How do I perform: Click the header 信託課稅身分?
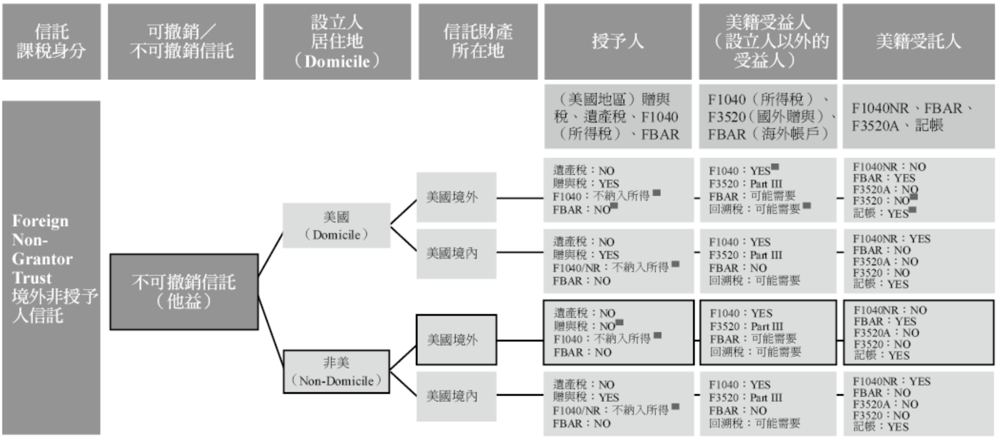pyautogui.click(x=51, y=41)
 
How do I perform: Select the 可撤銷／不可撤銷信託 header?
pyautogui.click(x=182, y=41)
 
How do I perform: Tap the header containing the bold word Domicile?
pyautogui.click(x=337, y=41)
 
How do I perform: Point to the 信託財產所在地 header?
pyautogui.click(x=478, y=41)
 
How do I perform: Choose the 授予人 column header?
pyautogui.click(x=617, y=41)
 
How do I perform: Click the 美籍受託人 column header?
pyautogui.click(x=918, y=41)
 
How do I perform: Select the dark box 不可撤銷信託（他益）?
pyautogui.click(x=184, y=291)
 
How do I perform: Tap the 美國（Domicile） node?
pyautogui.click(x=336, y=225)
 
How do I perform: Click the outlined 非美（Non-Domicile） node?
pyautogui.click(x=336, y=371)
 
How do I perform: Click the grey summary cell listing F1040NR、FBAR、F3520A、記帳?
pyautogui.click(x=918, y=117)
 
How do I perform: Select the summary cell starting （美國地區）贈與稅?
pyautogui.click(x=617, y=117)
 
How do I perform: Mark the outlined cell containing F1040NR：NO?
pyautogui.click(x=918, y=332)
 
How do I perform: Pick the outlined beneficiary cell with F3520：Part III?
pyautogui.click(x=768, y=332)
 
